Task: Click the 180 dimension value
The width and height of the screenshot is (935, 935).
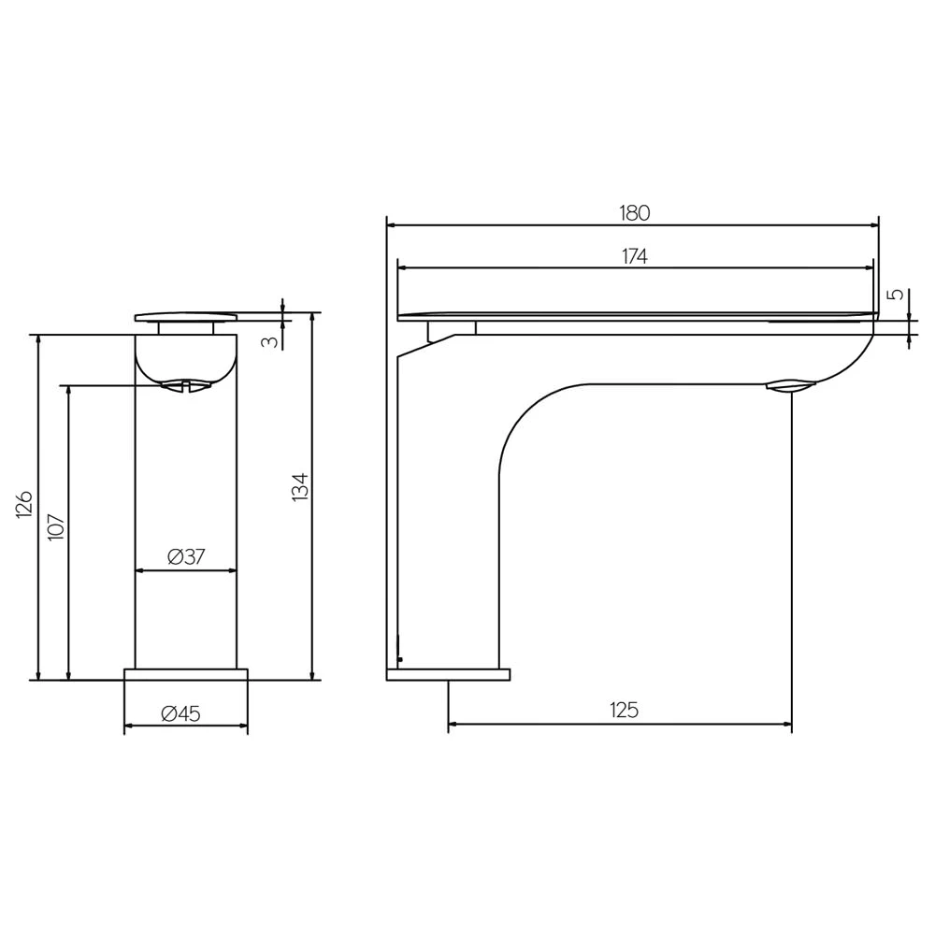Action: pyautogui.click(x=634, y=212)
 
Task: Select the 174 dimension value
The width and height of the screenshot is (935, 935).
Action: pyautogui.click(x=634, y=256)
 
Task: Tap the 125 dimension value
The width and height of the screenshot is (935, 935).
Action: pyautogui.click(x=624, y=711)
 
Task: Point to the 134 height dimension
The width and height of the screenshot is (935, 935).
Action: pyautogui.click(x=300, y=487)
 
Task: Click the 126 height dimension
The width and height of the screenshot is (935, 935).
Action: pyautogui.click(x=25, y=504)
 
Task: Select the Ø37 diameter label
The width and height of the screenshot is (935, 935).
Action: pyautogui.click(x=186, y=557)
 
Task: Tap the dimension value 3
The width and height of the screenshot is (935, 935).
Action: pyautogui.click(x=269, y=341)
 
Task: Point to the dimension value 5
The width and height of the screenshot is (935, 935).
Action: pyautogui.click(x=896, y=295)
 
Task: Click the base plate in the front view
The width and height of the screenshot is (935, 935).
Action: pyautogui.click(x=186, y=674)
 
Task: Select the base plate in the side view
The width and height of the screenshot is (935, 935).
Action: pyautogui.click(x=448, y=674)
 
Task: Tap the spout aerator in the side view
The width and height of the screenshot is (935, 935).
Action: pyautogui.click(x=790, y=384)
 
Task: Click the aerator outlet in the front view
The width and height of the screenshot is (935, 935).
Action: pyautogui.click(x=186, y=384)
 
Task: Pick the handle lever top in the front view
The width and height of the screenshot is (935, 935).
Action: pyautogui.click(x=186, y=316)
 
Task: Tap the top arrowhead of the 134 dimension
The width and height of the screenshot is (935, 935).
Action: pyautogui.click(x=312, y=317)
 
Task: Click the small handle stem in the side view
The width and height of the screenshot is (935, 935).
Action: pyautogui.click(x=452, y=327)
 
